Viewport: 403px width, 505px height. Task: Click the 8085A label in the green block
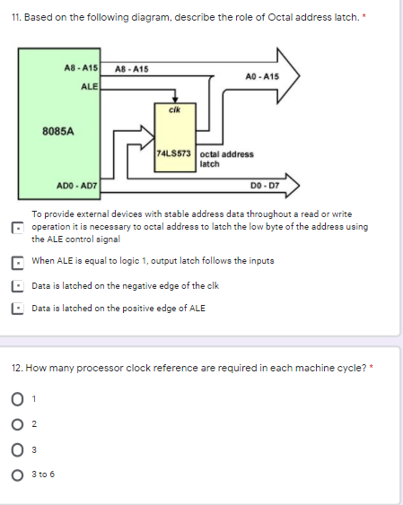[x=58, y=131]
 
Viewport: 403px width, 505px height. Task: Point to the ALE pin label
[x=89, y=87]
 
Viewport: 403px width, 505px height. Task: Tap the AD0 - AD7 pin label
[x=76, y=186]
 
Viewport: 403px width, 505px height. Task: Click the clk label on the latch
[x=175, y=109]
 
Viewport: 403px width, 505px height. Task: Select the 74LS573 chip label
[x=173, y=153]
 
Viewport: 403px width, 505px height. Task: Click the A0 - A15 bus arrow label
[x=262, y=76]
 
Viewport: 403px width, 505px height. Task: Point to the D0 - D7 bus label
[x=265, y=186]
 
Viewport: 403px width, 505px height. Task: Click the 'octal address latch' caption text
[x=226, y=159]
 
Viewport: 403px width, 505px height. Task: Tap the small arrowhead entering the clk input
[x=175, y=100]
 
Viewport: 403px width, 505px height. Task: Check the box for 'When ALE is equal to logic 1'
[x=17, y=263]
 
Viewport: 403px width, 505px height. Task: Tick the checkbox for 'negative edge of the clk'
[x=17, y=286]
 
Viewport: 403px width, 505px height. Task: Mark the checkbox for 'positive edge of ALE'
[x=17, y=309]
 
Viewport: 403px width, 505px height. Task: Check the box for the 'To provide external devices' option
[x=17, y=228]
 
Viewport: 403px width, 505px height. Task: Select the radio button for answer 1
[x=17, y=399]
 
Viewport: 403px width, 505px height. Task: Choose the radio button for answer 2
[x=17, y=424]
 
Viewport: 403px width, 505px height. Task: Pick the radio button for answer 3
[x=17, y=450]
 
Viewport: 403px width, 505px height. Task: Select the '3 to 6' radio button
[x=17, y=475]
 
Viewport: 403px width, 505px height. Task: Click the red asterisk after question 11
[x=364, y=16]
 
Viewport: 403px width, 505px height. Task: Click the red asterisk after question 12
[x=372, y=367]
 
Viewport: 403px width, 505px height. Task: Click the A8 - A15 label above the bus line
[x=132, y=69]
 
